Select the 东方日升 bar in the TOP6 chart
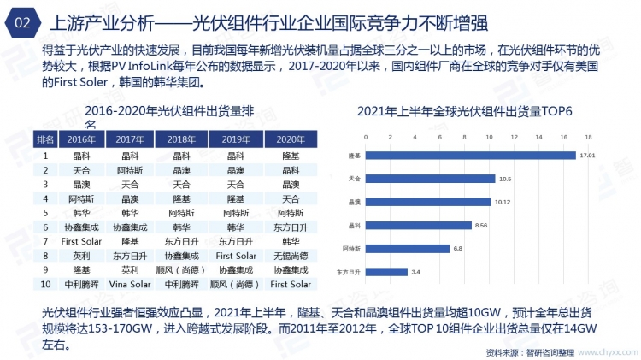(x=386, y=272)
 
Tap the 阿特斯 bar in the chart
(x=407, y=249)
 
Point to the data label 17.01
(x=587, y=156)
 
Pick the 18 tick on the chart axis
(x=588, y=137)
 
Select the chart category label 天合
(x=354, y=179)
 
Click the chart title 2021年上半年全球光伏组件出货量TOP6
(x=465, y=111)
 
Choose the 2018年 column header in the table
(x=181, y=139)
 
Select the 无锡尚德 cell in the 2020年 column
(x=291, y=255)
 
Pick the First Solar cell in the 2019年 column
(x=236, y=255)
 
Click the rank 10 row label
(x=45, y=284)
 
